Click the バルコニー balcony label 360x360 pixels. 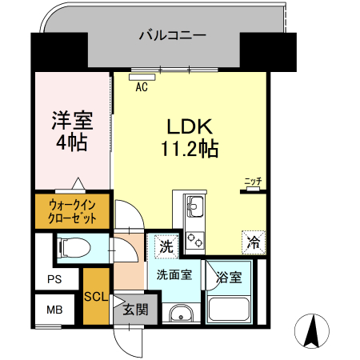pos(172,34)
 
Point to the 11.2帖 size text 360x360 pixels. pos(188,148)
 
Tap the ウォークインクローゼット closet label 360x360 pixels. pos(72,210)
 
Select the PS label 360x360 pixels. pos(53,279)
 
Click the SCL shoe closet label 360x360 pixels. pos(95,297)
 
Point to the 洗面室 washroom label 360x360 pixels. pos(173,274)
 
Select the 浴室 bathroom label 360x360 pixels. pos(230,278)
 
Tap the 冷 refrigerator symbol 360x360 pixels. pos(253,240)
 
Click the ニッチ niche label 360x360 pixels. pos(253,181)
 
